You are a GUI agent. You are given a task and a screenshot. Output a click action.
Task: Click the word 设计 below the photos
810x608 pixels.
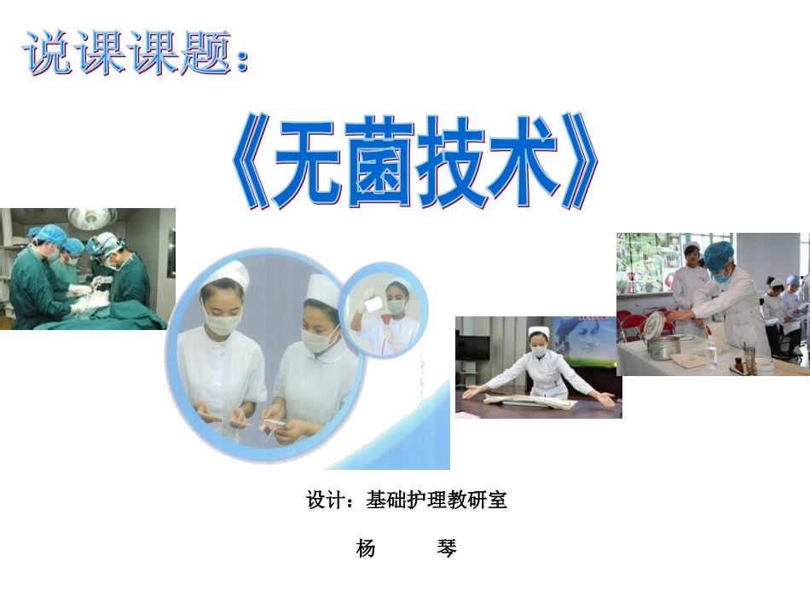tap(325, 501)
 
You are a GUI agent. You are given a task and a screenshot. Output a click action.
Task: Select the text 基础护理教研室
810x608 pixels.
tap(437, 501)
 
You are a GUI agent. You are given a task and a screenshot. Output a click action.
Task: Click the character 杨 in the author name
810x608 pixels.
tap(366, 548)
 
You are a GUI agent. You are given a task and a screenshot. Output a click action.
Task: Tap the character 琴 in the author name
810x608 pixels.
tap(447, 548)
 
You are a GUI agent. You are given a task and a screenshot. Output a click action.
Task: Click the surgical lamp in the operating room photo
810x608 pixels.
tap(92, 217)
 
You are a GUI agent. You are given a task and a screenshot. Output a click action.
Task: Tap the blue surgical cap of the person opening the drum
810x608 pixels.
tap(718, 253)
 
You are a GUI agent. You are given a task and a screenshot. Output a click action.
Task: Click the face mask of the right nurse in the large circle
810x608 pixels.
tap(321, 338)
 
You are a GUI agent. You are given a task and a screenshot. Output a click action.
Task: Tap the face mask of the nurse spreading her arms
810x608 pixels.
tap(538, 351)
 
